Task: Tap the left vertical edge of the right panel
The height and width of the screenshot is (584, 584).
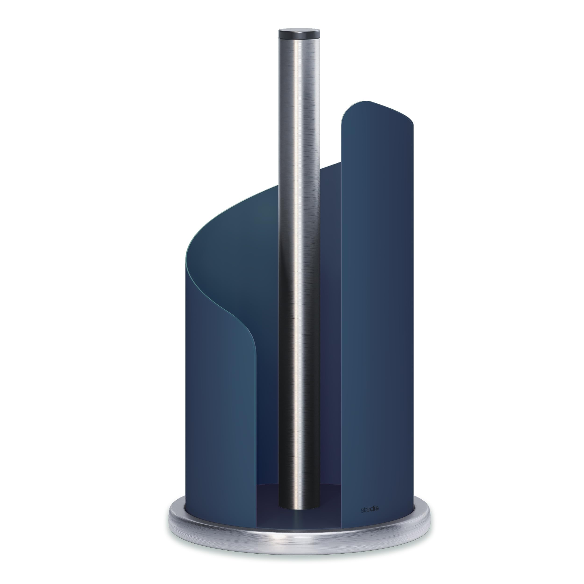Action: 342,302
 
